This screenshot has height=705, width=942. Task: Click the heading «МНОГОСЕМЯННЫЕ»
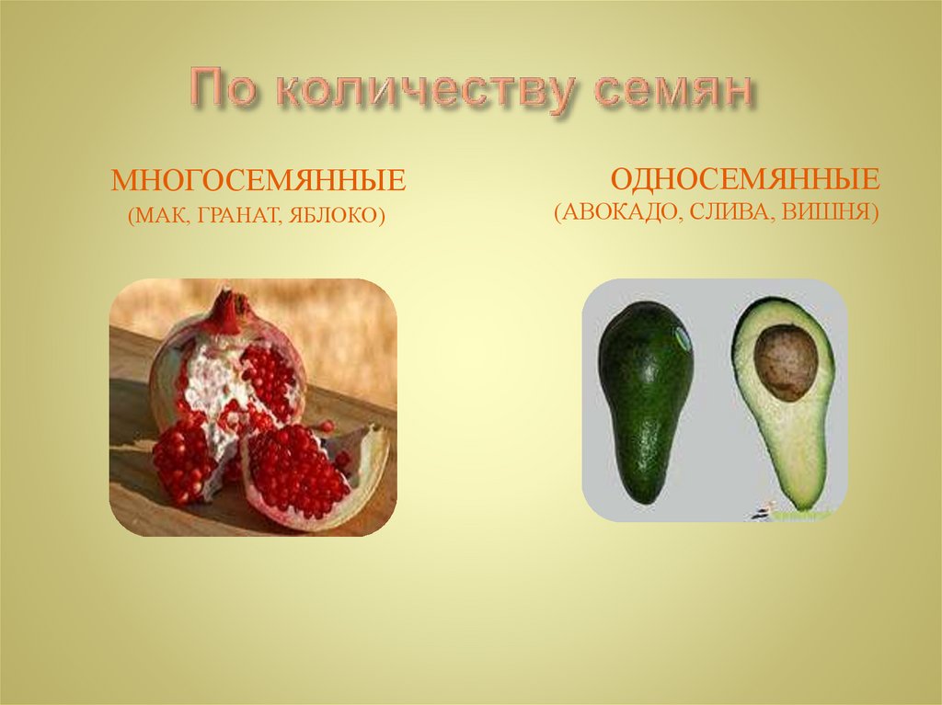point(258,180)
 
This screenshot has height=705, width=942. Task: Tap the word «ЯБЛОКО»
point(335,217)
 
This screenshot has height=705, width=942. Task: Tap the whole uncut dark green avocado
point(645,395)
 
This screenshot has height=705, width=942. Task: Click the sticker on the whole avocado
point(683,337)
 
